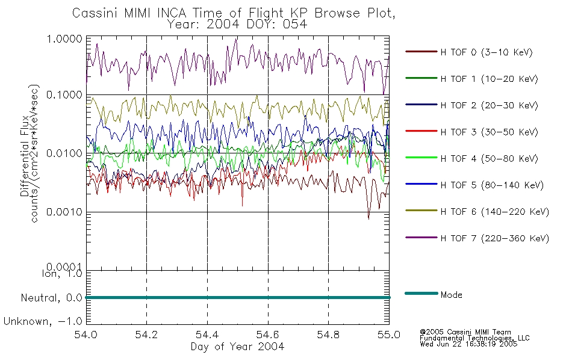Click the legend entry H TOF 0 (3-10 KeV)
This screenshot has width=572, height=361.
click(x=487, y=52)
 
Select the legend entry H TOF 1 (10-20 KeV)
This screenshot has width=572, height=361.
click(x=489, y=79)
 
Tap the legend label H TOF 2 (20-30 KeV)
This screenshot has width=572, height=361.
click(x=489, y=105)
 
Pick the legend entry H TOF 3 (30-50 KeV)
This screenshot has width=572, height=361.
click(x=489, y=132)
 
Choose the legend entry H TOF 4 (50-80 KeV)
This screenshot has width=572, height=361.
click(x=489, y=159)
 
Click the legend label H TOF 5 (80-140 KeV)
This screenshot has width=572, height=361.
click(x=492, y=185)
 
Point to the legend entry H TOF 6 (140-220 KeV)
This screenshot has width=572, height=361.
click(x=494, y=212)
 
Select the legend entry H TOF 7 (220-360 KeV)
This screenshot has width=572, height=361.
click(x=494, y=238)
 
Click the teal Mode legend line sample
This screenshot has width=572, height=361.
click(x=421, y=293)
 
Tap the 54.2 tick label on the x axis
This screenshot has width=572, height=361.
click(x=146, y=335)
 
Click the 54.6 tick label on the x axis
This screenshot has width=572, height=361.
click(x=268, y=335)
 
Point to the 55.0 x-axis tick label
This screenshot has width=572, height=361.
click(x=389, y=335)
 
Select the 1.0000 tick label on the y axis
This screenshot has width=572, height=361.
click(x=64, y=39)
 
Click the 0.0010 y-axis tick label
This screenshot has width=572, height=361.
click(x=64, y=212)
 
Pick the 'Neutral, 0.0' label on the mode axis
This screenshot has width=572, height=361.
click(x=51, y=298)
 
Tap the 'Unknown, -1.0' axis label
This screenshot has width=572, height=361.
click(x=43, y=322)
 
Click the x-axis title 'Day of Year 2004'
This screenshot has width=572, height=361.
click(x=237, y=347)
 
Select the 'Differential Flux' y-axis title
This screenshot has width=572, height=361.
click(x=25, y=156)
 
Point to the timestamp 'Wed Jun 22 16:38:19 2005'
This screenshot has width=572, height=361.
click(x=468, y=344)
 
